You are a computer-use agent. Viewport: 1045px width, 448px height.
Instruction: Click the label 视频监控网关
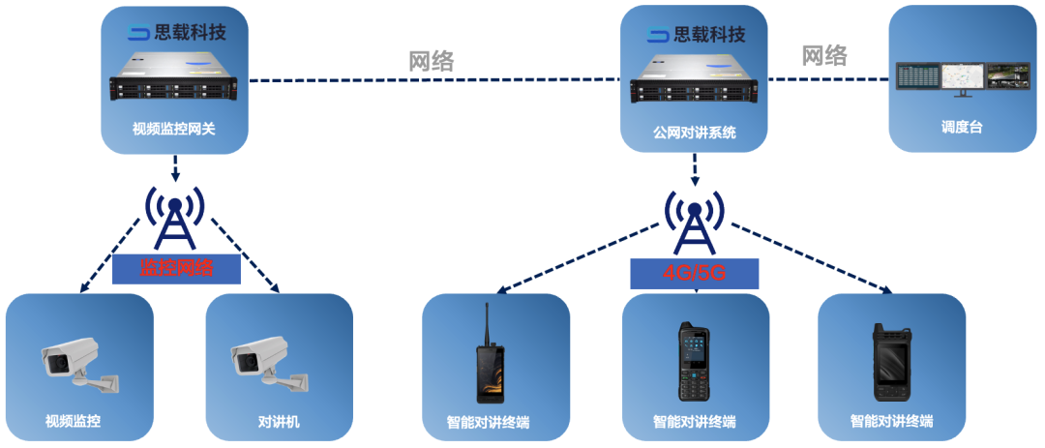176,128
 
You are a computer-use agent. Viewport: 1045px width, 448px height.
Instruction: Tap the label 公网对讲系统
695,132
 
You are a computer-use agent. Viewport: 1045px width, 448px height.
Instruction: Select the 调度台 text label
962,127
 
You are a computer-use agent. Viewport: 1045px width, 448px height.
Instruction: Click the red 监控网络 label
176,268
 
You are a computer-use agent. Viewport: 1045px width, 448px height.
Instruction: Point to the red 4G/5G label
694,274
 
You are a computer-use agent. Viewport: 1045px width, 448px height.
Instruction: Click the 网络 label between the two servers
432,61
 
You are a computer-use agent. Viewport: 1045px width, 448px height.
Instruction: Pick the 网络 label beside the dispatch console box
824,55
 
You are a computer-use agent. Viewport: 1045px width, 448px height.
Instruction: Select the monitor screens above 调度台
962,78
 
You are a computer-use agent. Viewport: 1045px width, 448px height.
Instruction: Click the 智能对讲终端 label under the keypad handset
694,422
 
